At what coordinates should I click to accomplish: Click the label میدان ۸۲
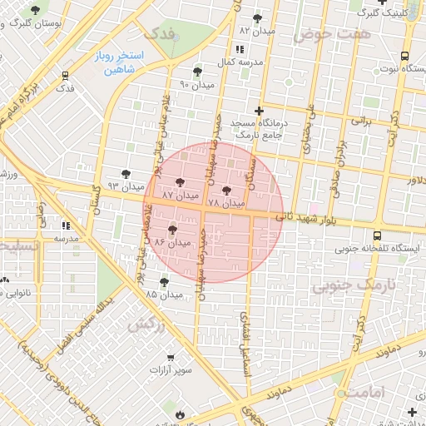pos(256,31)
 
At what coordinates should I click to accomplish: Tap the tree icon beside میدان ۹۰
pos(197,72)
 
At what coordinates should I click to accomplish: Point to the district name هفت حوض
pos(330,34)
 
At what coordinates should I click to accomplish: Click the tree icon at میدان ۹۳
pos(125,174)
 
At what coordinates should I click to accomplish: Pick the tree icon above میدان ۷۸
pos(227,191)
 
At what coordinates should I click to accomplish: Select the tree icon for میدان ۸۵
pos(164,282)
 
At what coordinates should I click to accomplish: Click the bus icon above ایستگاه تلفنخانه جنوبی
pos(379,235)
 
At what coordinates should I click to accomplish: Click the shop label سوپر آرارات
pos(171,368)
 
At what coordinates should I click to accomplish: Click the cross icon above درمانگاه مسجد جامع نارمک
pos(259,111)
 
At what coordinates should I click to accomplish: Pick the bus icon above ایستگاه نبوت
pos(404,56)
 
